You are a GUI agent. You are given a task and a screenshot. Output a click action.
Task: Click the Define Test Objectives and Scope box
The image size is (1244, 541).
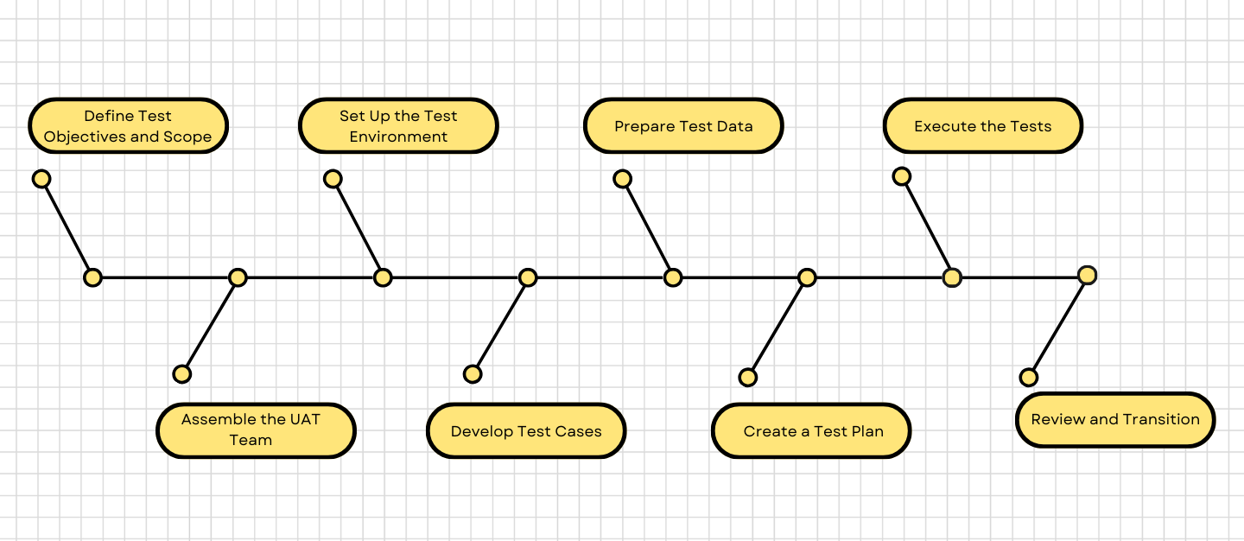coord(128,126)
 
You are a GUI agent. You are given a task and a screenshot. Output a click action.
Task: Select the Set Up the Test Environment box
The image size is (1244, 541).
coord(398,126)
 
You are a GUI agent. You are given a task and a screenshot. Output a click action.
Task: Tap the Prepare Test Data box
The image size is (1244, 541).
coord(683,126)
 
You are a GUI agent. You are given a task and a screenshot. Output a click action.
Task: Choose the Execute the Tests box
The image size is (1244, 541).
coord(982,126)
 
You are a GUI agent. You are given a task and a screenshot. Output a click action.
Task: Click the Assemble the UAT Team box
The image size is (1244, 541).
coord(256,430)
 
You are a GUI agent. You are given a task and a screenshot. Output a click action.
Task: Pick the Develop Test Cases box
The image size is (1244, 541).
coord(526,430)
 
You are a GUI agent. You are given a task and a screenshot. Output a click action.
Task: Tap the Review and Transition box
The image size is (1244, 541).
coord(1115,420)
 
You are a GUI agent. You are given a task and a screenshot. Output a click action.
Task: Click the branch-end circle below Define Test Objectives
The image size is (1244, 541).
coord(41,179)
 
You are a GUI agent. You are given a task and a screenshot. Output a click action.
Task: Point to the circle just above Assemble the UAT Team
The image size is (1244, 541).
coord(181,373)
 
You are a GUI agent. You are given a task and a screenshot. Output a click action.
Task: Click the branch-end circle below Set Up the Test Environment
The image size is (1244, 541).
coord(333,179)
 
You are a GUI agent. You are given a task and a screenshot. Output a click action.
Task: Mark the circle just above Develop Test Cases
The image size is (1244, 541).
coord(473,373)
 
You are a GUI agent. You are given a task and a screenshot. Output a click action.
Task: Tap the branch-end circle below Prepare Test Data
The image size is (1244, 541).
coord(622,179)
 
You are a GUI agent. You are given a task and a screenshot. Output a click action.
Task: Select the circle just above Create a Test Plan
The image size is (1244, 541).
coord(748,377)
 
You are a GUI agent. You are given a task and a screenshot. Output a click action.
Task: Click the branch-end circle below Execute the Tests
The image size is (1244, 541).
coord(901,176)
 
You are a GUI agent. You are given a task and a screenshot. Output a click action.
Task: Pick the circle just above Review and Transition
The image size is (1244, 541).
coord(1028,377)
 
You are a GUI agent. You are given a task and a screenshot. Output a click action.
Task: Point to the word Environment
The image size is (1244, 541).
coord(398,137)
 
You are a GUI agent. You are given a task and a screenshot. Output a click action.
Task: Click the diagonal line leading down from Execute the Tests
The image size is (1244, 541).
coord(926,226)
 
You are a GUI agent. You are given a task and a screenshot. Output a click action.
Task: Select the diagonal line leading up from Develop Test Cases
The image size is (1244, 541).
coord(500,326)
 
